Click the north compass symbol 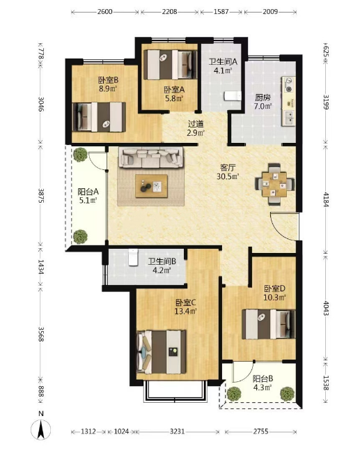41,427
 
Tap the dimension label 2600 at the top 104,12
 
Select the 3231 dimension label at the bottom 177,431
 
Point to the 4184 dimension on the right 326,199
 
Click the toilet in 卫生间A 233,95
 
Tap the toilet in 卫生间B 133,257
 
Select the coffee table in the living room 152,186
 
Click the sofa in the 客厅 151,158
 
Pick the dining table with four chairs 274,184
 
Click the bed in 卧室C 161,352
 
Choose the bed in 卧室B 99,116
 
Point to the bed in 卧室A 171,65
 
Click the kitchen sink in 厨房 289,117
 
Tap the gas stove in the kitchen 289,84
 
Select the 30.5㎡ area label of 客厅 228,176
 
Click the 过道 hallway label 196,124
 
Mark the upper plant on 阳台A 80,155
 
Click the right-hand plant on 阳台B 288,394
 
